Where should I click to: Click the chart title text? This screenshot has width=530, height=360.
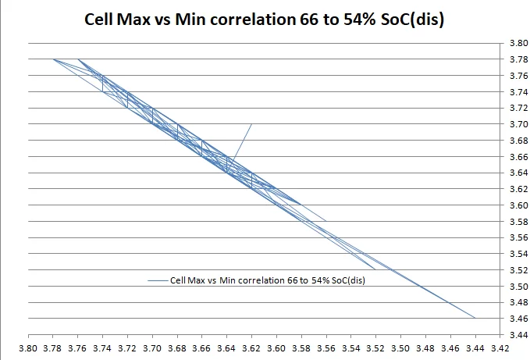[x=264, y=20]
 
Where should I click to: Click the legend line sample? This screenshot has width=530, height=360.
[x=157, y=280]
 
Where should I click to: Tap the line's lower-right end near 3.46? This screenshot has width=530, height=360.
[x=475, y=318]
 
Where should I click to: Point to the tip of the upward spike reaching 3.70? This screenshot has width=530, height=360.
[x=251, y=124]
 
